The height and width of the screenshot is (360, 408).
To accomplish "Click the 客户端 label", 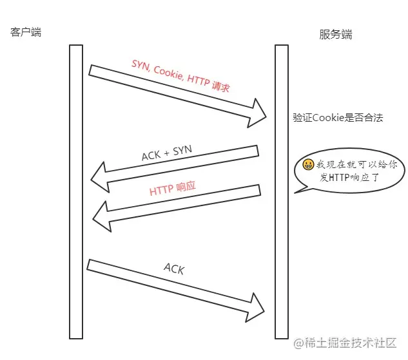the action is pos(26,32).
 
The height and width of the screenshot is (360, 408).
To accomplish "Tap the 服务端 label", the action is pos(336,34).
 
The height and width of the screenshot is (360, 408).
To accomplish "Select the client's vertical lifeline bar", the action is pos(76,192).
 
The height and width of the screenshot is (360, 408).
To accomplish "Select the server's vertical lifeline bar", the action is pos(282,192).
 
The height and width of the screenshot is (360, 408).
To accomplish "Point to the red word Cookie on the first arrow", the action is pos(168,73).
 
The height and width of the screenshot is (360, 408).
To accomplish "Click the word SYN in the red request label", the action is pos(141,65).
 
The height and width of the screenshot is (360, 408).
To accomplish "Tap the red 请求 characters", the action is pos(220,86).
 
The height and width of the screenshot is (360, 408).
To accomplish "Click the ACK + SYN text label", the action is pos(167,153).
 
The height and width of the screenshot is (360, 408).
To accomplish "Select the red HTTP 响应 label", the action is pos(173,188).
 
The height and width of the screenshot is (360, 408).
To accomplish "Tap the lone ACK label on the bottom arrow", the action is pos(174,269).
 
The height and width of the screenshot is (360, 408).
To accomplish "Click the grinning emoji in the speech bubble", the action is pos(308,164).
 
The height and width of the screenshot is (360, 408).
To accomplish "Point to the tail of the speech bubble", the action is pos(295,193).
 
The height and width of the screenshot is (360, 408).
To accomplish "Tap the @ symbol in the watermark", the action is pos(298,343).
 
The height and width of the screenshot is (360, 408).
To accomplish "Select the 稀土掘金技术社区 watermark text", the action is pos(351,343).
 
